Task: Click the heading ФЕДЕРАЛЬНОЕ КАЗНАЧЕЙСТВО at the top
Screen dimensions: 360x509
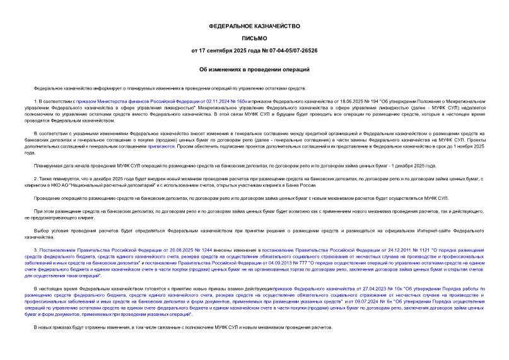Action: tap(254, 26)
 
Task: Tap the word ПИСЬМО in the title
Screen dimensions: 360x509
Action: tap(254, 38)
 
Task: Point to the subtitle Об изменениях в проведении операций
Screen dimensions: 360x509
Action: tap(254, 70)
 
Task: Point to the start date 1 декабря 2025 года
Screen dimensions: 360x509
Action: tap(413, 165)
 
